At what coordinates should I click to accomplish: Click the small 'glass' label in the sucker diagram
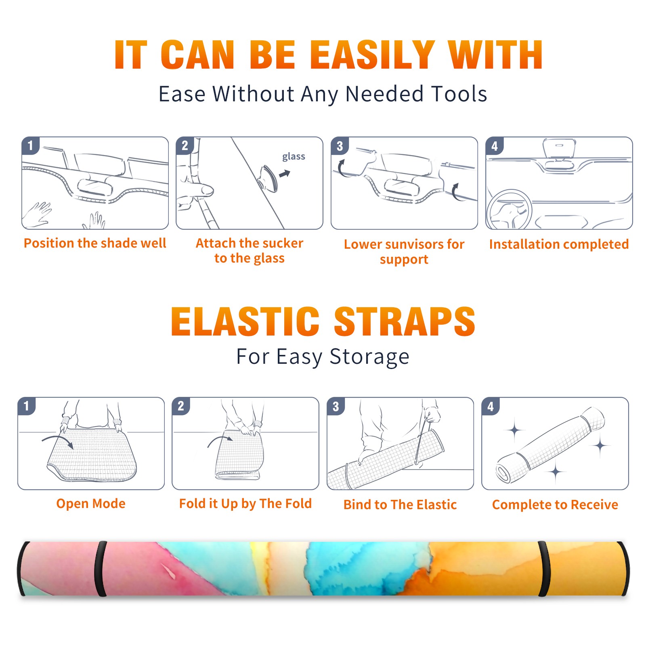pos(294,157)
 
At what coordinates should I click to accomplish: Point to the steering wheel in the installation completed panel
pos(509,210)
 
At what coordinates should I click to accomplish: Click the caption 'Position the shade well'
pos(95,243)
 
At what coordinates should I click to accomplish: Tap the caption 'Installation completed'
pos(559,244)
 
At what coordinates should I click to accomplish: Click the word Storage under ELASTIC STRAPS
pos(369,357)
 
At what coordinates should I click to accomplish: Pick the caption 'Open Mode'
pos(91,503)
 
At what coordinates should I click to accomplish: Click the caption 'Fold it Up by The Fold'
pos(245,503)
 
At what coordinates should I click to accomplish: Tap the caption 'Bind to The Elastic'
pos(400,505)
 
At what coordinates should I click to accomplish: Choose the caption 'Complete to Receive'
pos(555,505)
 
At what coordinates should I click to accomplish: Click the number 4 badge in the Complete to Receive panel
pos(491,406)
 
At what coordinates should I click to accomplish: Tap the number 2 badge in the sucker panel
pos(185,146)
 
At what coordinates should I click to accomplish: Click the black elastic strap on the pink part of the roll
pos(101,569)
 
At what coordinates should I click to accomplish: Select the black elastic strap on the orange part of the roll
pos(544,569)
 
